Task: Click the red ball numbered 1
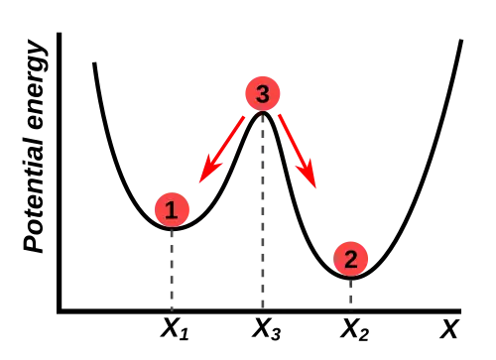pyautogui.click(x=172, y=209)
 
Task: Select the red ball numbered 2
pyautogui.click(x=351, y=259)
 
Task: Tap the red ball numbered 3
pyautogui.click(x=263, y=93)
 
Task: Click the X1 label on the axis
pyautogui.click(x=175, y=329)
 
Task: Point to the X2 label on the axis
pyautogui.click(x=354, y=329)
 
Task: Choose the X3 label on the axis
pyautogui.click(x=266, y=329)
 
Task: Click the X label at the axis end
pyautogui.click(x=449, y=329)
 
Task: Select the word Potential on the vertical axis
pyautogui.click(x=34, y=194)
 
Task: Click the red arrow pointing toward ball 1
pyautogui.click(x=221, y=150)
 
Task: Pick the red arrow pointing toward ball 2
pyautogui.click(x=298, y=151)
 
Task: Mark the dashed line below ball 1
pyautogui.click(x=172, y=269)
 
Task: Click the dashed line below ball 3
pyautogui.click(x=263, y=211)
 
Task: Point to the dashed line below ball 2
pyautogui.click(x=351, y=294)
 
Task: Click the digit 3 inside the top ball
pyautogui.click(x=263, y=94)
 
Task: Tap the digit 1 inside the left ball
pyautogui.click(x=172, y=210)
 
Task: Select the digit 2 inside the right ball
pyautogui.click(x=351, y=259)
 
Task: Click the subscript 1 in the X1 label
pyautogui.click(x=185, y=334)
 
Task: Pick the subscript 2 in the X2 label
pyautogui.click(x=363, y=334)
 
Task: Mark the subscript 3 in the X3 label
pyautogui.click(x=276, y=334)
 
